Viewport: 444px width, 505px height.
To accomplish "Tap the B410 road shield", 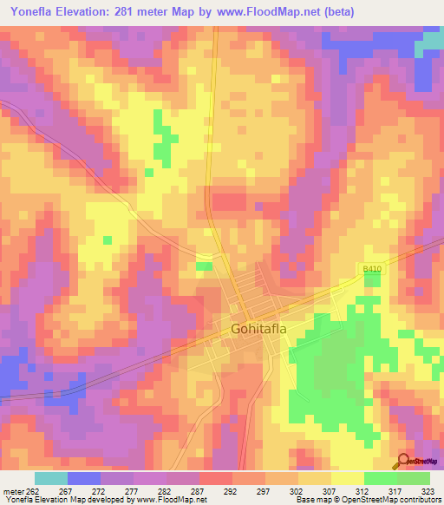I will point(372,272).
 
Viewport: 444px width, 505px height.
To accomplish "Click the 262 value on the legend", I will point(34,490).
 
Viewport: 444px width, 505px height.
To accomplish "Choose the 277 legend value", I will point(133,490).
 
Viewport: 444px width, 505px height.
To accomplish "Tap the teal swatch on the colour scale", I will point(50,478).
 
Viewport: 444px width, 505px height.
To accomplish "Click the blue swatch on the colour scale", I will point(83,478).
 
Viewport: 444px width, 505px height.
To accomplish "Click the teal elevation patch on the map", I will point(430,43).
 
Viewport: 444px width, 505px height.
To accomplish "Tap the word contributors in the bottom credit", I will point(421,500).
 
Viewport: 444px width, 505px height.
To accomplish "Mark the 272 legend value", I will point(100,490).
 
